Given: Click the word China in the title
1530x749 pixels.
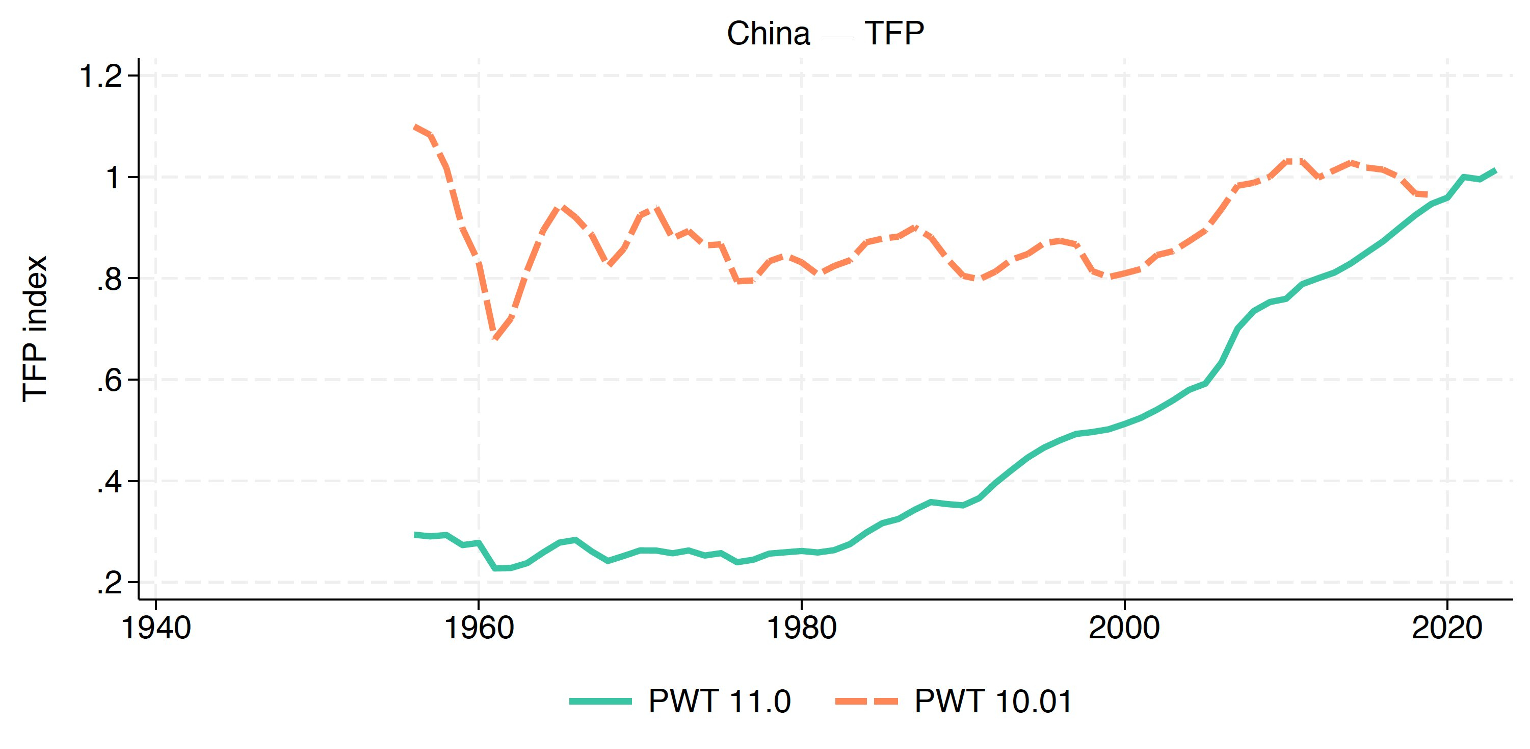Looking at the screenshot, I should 768,33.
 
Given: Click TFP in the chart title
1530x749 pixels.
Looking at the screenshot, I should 894,33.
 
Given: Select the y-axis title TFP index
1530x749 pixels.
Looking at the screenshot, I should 35,329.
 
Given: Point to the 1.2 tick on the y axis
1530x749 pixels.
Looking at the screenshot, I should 101,76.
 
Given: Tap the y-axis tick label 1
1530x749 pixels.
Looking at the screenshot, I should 113,178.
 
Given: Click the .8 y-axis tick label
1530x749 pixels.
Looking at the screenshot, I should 109,279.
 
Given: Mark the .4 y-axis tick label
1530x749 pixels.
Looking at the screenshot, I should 109,482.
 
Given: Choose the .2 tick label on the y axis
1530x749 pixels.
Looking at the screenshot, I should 109,583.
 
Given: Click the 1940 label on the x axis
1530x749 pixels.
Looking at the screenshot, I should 155,628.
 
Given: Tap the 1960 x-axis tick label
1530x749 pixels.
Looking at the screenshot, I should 479,628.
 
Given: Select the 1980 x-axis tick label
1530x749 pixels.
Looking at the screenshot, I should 802,628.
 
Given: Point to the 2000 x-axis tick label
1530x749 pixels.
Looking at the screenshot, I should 1124,628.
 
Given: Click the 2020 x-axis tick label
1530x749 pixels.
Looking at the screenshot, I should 1447,628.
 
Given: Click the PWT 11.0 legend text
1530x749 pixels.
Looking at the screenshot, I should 719,701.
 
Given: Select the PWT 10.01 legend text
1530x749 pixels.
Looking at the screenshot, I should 993,701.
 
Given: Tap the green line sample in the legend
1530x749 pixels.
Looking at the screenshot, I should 600,702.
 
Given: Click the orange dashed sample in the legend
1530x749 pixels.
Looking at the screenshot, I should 866,702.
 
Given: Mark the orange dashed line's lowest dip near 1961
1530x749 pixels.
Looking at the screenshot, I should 495,338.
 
